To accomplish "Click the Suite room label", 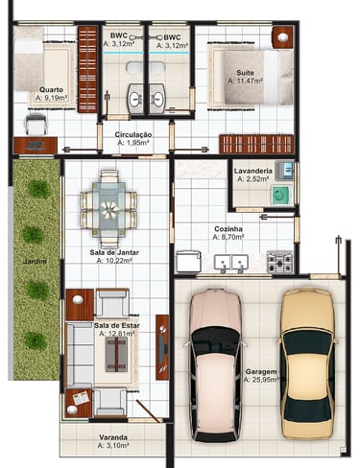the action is [x=245, y=73].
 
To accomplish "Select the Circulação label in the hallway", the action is [x=133, y=134].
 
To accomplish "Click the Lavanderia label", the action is [x=253, y=171].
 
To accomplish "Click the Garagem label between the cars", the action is [x=261, y=372].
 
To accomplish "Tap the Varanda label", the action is [x=113, y=437].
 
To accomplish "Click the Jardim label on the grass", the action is [x=35, y=262].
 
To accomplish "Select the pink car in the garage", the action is [x=215, y=365].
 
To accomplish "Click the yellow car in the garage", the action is [x=308, y=363].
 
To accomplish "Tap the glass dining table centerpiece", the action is [x=109, y=210].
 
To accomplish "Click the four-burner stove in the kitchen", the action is [x=280, y=262].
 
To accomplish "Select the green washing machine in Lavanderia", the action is [x=281, y=196].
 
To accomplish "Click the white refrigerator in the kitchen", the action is [x=189, y=261].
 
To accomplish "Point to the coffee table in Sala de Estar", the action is [x=116, y=354].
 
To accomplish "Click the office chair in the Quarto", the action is [x=36, y=124].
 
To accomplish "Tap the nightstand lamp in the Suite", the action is [x=283, y=37].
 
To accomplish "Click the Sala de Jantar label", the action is [x=114, y=252].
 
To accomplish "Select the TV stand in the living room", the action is [x=162, y=347].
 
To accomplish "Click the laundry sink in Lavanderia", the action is [x=284, y=170].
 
